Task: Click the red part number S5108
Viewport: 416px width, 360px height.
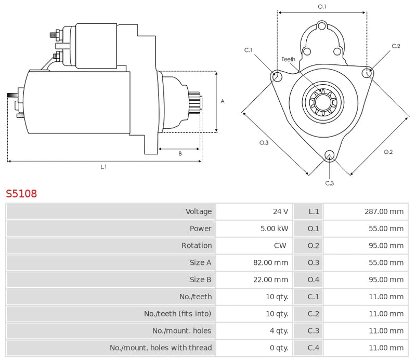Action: point(21,194)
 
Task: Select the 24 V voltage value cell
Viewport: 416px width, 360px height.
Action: point(280,211)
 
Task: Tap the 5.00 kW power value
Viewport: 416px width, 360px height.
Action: point(274,229)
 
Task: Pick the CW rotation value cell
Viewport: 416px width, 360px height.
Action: point(280,246)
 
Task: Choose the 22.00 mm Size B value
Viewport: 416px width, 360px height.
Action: point(270,279)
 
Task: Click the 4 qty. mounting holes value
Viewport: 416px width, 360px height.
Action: point(277,330)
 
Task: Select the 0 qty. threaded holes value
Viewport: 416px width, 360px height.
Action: point(277,348)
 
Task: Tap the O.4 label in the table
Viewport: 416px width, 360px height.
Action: point(313,279)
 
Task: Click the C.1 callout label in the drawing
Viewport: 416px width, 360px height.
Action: point(248,50)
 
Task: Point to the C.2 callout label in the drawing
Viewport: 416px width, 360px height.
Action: point(396,46)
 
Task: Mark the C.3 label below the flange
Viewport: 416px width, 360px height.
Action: point(329,183)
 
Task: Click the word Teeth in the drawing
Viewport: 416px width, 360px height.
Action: point(288,59)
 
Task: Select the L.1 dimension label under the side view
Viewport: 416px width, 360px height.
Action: point(103,167)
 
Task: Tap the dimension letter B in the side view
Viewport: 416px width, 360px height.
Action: point(180,153)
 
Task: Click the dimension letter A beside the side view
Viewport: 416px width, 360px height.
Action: point(222,101)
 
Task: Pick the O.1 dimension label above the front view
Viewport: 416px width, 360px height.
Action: point(322,6)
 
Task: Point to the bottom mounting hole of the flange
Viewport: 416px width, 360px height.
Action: point(329,155)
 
